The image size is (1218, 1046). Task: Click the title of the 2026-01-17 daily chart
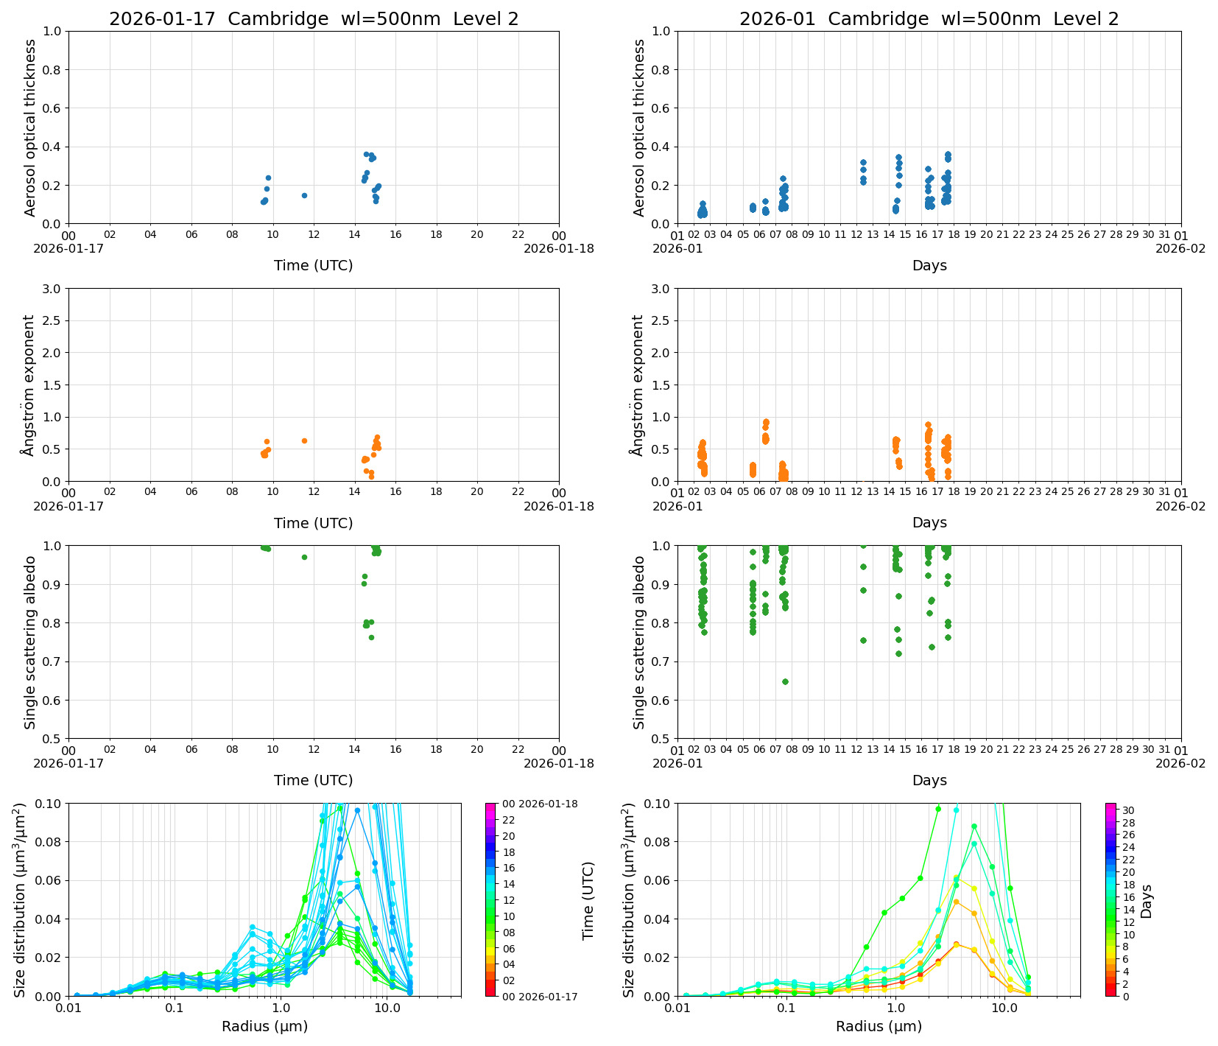point(314,19)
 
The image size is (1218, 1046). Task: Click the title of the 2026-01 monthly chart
point(929,19)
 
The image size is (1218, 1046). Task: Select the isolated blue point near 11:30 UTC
point(304,195)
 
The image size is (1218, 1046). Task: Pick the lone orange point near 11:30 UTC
point(304,440)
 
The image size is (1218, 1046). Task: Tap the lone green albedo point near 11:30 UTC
point(304,557)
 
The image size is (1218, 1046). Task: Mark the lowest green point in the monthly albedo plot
point(785,681)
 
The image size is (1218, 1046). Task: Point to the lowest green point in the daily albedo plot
point(371,637)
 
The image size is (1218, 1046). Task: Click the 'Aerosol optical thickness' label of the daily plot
point(30,127)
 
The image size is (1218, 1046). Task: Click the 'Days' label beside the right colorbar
point(1146,900)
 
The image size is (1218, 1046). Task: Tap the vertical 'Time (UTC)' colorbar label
point(588,900)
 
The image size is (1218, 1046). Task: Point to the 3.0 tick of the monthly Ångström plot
point(661,288)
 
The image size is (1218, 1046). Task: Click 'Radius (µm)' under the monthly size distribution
point(879,1026)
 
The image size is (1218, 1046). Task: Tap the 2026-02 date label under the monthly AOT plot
point(1180,248)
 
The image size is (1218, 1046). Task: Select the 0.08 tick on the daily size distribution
point(49,842)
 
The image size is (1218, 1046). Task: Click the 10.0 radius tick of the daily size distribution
point(387,1008)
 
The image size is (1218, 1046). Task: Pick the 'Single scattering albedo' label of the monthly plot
point(639,642)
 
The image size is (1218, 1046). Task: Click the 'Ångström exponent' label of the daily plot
point(29,385)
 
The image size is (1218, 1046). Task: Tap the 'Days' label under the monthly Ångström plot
point(929,522)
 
